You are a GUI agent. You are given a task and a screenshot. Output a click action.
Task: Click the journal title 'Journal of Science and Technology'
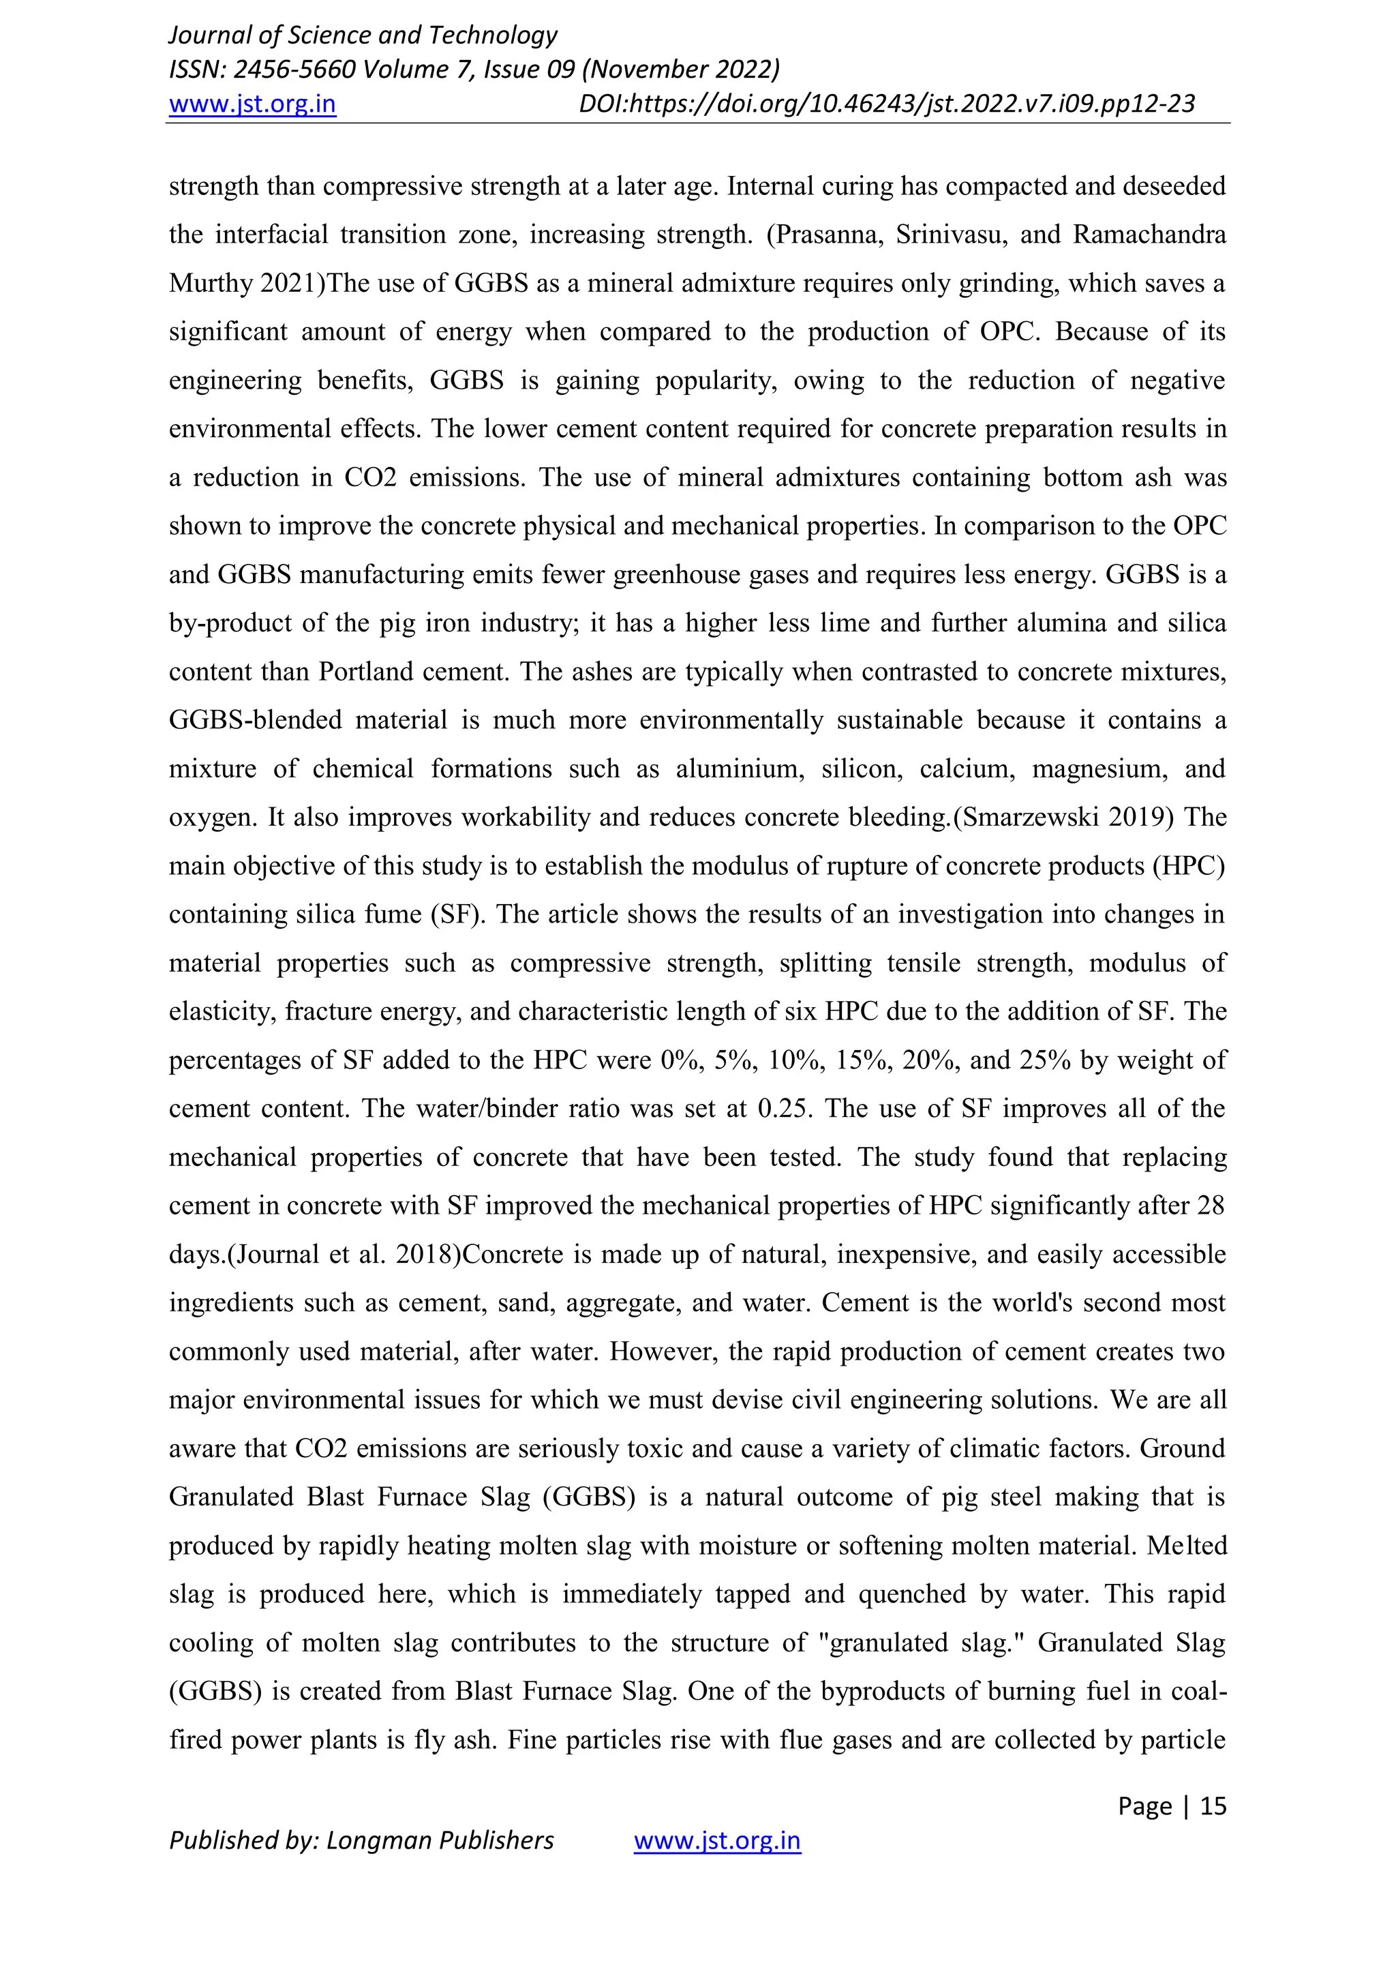363,35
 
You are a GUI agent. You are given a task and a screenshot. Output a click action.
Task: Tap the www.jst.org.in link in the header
252,104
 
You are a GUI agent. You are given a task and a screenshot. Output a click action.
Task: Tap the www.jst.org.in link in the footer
717,1841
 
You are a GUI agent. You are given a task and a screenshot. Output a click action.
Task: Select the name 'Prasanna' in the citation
824,235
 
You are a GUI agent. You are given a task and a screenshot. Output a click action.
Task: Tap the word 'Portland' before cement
366,672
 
